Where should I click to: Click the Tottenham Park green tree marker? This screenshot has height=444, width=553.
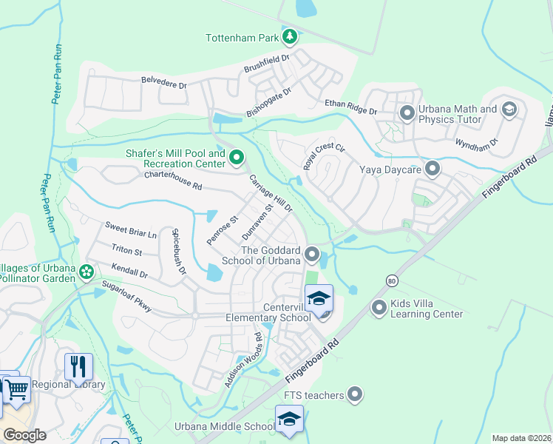pyautogui.click(x=291, y=36)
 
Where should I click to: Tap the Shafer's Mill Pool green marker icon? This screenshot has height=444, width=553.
pyautogui.click(x=237, y=157)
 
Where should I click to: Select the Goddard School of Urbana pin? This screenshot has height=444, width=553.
pyautogui.click(x=312, y=255)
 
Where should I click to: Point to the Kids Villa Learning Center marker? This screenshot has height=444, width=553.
pyautogui.click(x=379, y=306)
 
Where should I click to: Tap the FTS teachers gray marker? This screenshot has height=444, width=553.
pyautogui.click(x=356, y=395)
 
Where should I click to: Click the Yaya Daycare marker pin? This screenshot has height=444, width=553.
pyautogui.click(x=432, y=169)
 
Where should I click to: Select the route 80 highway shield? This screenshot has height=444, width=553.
pyautogui.click(x=391, y=281)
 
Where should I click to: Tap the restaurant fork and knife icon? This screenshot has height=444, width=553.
pyautogui.click(x=78, y=366)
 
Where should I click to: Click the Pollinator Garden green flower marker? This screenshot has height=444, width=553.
pyautogui.click(x=86, y=272)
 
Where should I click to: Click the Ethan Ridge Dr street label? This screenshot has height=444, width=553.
pyautogui.click(x=350, y=107)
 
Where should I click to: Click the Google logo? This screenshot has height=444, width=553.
pyautogui.click(x=25, y=434)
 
